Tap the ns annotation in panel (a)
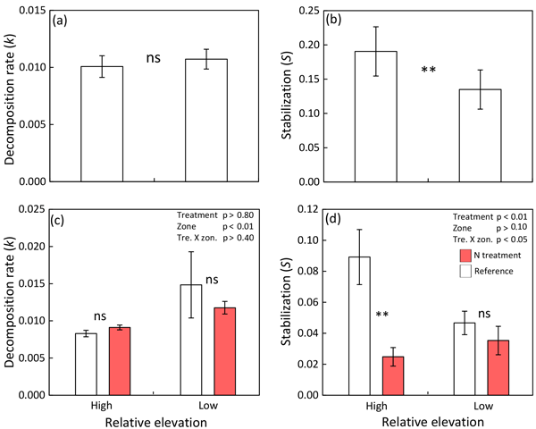(x=155, y=59)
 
